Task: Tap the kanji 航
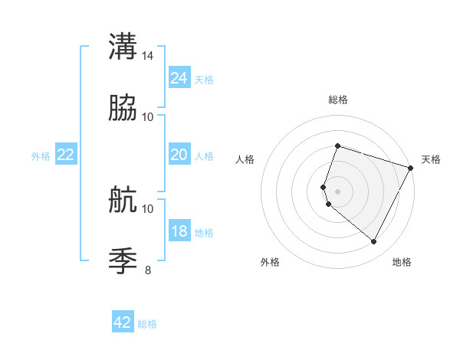pyautogui.click(x=122, y=201)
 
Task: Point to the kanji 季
pyautogui.click(x=122, y=260)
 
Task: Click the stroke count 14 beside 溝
pyautogui.click(x=148, y=56)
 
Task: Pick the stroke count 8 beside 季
pyautogui.click(x=148, y=270)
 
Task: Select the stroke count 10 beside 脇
pyautogui.click(x=148, y=117)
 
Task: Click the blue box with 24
pyautogui.click(x=179, y=78)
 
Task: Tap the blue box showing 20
pyautogui.click(x=179, y=155)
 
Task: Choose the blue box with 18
pyautogui.click(x=179, y=231)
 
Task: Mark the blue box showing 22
pyautogui.click(x=66, y=155)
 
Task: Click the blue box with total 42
pyautogui.click(x=123, y=322)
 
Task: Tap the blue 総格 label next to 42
pyautogui.click(x=147, y=324)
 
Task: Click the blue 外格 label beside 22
pyautogui.click(x=41, y=156)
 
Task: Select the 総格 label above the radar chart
pyautogui.click(x=337, y=100)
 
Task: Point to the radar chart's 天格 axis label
pyautogui.click(x=431, y=159)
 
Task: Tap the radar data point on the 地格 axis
pyautogui.click(x=373, y=241)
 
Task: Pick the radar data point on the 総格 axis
pyautogui.click(x=337, y=146)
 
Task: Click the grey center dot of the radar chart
pyautogui.click(x=337, y=191)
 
